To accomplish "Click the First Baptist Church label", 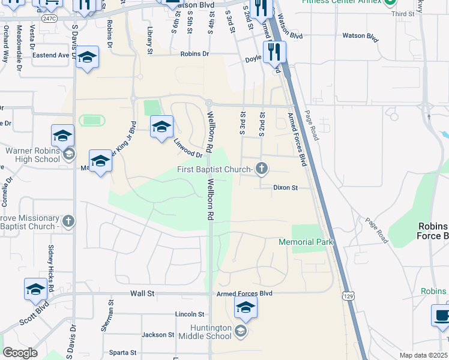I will click(x=214, y=170).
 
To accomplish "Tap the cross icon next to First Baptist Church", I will click(x=261, y=169).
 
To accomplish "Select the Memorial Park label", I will click(x=306, y=242).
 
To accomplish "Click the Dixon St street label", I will click(x=286, y=188).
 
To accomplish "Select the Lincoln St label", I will click(x=190, y=314).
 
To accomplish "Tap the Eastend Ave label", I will click(x=52, y=55).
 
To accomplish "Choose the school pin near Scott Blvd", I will click(x=35, y=289).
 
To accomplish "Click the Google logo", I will click(x=20, y=353).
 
